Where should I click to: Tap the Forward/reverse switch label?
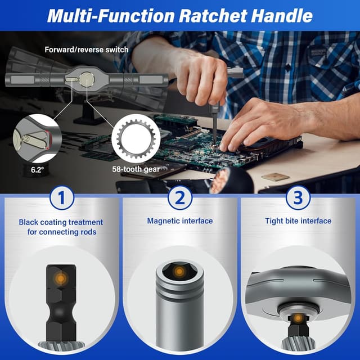point(87,49)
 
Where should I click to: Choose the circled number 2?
point(180,198)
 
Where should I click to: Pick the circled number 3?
point(298,198)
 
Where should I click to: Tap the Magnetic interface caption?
point(180,221)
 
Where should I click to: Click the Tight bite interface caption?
point(298,221)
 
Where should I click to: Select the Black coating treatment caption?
point(61,227)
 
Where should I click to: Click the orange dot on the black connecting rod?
point(61,277)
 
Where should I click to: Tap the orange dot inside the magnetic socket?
point(179,272)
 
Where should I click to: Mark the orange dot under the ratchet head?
point(297,319)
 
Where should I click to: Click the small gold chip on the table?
point(274,176)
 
